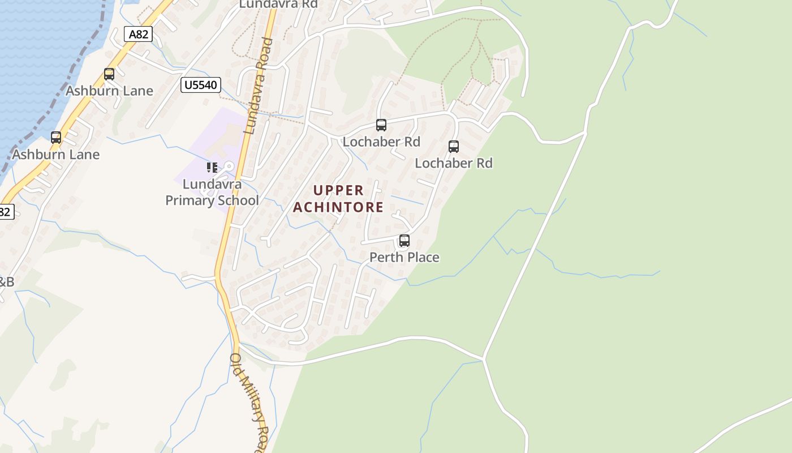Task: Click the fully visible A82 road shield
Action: tap(139, 34)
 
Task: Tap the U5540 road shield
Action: tap(201, 86)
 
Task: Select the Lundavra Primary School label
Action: tap(212, 193)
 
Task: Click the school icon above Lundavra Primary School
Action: tap(212, 167)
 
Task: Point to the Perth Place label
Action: tap(404, 257)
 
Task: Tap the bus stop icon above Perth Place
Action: tap(404, 241)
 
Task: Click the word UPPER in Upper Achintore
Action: tap(338, 190)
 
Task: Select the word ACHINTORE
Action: tap(338, 207)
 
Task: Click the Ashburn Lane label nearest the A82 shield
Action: tap(109, 91)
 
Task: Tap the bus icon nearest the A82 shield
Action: tap(109, 74)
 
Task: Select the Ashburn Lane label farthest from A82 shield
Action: tap(55, 155)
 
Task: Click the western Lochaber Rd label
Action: tap(381, 142)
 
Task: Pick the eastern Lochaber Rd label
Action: tap(454, 163)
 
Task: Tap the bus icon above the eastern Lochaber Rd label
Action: tap(454, 147)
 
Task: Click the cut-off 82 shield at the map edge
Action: tap(6, 212)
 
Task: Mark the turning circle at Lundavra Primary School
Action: tap(229, 166)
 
